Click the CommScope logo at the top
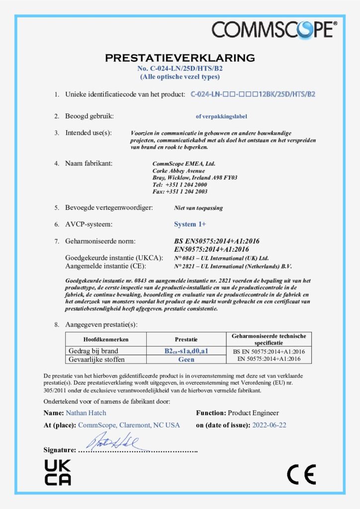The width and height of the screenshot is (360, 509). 274,29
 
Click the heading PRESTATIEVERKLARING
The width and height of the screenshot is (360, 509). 180,58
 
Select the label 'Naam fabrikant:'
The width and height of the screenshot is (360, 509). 90,163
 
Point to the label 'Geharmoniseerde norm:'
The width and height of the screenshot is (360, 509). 100,241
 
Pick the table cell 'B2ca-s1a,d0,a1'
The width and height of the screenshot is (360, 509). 186,351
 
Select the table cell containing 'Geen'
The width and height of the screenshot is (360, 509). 186,359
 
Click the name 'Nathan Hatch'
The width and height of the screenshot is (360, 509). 86,413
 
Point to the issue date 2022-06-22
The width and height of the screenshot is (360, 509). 270,425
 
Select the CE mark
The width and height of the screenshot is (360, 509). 301,475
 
